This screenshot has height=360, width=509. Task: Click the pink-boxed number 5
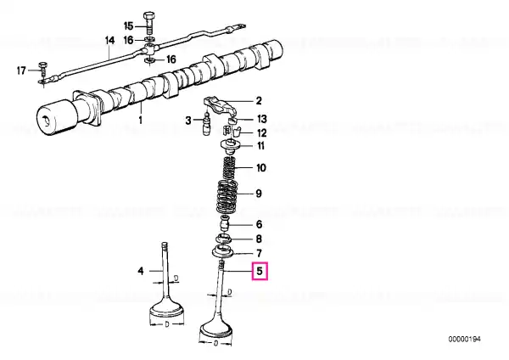[260, 271]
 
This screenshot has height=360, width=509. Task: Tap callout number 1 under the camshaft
[140, 120]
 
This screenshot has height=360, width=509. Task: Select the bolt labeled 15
[149, 23]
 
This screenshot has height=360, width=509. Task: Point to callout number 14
[109, 41]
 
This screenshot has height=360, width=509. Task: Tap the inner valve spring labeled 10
[230, 166]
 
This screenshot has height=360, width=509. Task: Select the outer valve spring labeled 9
[227, 196]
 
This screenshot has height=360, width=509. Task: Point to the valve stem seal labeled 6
[225, 222]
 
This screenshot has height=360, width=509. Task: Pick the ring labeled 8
[223, 239]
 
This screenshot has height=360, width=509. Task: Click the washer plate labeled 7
[222, 252]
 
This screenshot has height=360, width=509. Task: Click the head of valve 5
[215, 329]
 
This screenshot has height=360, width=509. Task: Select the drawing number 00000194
[464, 340]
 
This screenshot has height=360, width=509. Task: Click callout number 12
[261, 133]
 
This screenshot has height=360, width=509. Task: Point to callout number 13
[261, 119]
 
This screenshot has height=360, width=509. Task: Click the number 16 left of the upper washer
[129, 40]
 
